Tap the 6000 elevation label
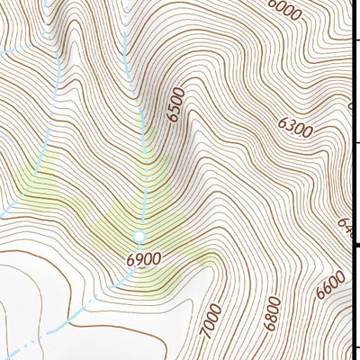pyautogui.click(x=285, y=10)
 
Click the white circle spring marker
pyautogui.click(x=139, y=237)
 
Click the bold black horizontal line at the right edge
pyautogui.click(x=355, y=243)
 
